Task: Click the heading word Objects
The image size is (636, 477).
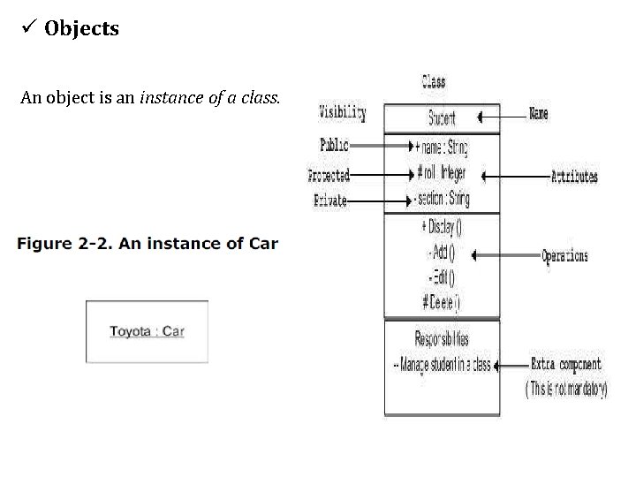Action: tap(81, 28)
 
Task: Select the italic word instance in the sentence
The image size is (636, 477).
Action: tap(168, 97)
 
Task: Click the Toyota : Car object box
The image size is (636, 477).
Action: tap(147, 332)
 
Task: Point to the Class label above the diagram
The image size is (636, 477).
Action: tap(433, 82)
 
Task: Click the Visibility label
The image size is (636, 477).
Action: tap(342, 112)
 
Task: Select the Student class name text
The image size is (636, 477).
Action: tap(442, 117)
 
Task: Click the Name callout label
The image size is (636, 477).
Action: tap(538, 114)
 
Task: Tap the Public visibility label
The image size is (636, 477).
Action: tap(334, 145)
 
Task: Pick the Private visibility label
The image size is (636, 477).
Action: tap(330, 201)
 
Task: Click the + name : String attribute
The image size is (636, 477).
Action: tap(441, 146)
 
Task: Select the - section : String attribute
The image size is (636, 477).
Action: tap(442, 199)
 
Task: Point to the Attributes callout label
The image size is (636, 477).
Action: tap(574, 176)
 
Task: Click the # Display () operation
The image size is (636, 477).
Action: tap(442, 227)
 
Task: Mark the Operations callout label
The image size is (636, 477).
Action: tap(564, 256)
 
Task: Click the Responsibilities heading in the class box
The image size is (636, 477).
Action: tap(442, 338)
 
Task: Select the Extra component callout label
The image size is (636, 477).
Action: tap(565, 364)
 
